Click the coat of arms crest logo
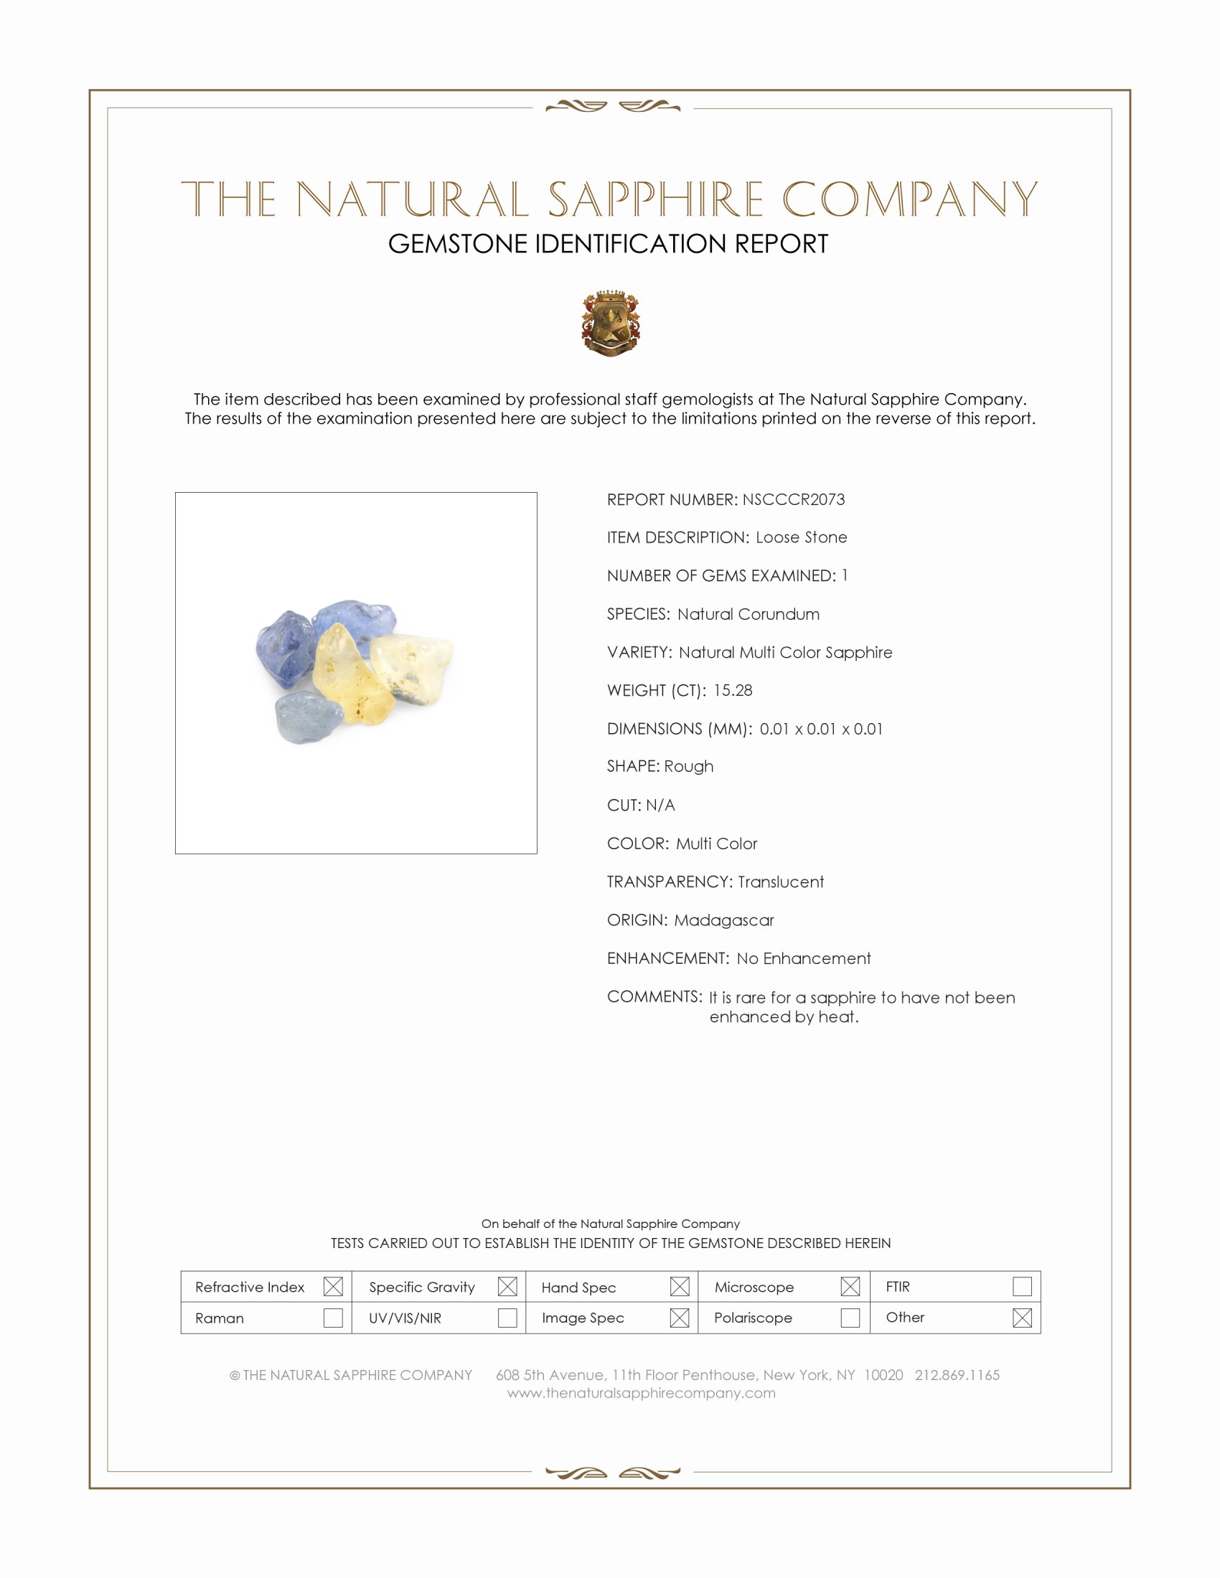click(x=611, y=323)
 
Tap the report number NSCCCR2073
click(x=793, y=499)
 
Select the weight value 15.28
click(x=732, y=690)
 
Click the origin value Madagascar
click(x=723, y=920)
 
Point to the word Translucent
click(x=781, y=882)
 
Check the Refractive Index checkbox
click(x=333, y=1287)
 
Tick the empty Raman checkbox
click(x=333, y=1318)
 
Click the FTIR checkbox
click(x=1022, y=1287)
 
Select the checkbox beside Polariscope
click(x=850, y=1318)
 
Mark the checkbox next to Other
click(x=1022, y=1318)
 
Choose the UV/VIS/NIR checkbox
click(x=507, y=1318)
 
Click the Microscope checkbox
click(x=850, y=1287)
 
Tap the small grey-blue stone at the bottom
click(x=306, y=715)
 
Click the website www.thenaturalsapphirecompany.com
click(x=641, y=1393)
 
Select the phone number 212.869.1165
click(x=957, y=1375)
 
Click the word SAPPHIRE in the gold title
click(x=654, y=199)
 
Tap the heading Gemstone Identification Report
click(x=608, y=244)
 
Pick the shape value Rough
click(x=689, y=766)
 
